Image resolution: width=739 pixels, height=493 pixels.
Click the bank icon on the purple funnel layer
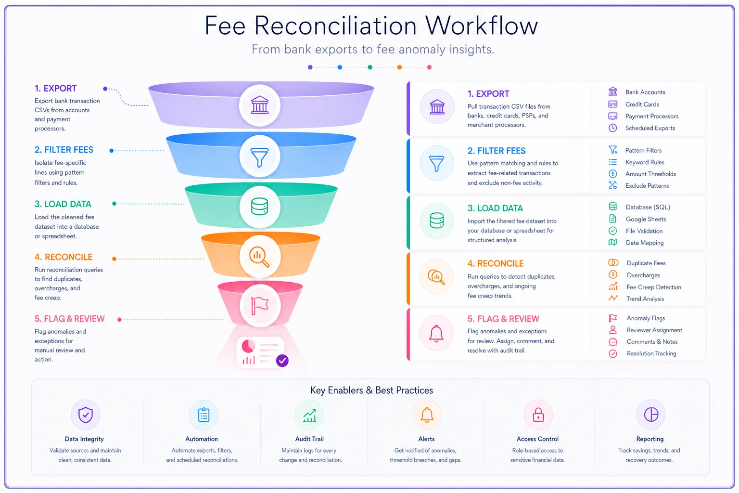click(x=260, y=105)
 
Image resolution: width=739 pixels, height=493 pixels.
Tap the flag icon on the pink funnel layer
click(x=260, y=305)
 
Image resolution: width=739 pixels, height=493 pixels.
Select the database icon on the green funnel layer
click(x=260, y=207)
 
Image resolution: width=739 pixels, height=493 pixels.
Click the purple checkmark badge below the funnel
click(x=282, y=361)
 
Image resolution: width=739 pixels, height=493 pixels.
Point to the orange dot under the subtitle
click(x=399, y=67)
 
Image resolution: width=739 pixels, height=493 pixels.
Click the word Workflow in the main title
click(x=482, y=26)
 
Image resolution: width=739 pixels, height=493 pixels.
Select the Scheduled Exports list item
click(x=650, y=128)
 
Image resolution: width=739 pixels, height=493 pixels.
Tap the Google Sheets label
click(x=646, y=219)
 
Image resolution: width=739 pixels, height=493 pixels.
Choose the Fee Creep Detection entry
click(x=653, y=287)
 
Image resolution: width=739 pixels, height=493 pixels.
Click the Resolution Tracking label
click(x=651, y=353)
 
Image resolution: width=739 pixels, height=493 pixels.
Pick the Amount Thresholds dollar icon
click(x=612, y=174)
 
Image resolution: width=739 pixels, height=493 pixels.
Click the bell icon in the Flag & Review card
click(x=436, y=334)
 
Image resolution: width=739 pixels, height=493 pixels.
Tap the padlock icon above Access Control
click(x=538, y=415)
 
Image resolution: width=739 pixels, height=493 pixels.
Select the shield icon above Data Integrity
click(x=86, y=415)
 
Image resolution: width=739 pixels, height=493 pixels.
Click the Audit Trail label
click(x=309, y=439)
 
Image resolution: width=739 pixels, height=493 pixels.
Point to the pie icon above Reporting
click(x=651, y=415)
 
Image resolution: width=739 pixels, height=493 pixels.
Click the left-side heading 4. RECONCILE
click(x=64, y=257)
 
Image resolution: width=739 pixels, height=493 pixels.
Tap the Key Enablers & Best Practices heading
click(x=371, y=390)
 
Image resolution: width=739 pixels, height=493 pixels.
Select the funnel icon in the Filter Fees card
click(x=436, y=164)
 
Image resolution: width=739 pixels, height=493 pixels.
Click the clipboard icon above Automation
click(x=204, y=415)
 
